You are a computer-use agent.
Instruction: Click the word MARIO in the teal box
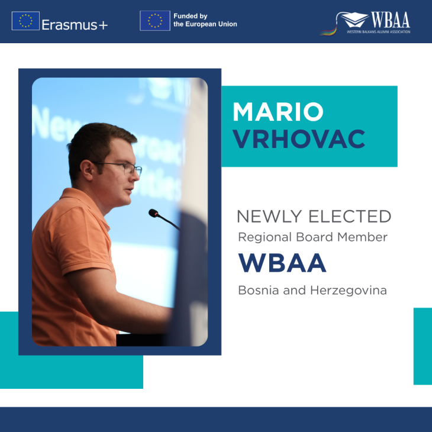click(278, 112)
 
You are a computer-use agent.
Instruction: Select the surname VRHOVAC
click(298, 138)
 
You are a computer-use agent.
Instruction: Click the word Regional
click(262, 237)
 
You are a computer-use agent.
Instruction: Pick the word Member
click(365, 237)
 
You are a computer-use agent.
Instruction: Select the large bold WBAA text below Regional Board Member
click(282, 263)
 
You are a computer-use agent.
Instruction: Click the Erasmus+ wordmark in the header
click(75, 24)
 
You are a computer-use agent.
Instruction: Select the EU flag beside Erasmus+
click(25, 21)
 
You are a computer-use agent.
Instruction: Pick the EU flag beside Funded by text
click(154, 20)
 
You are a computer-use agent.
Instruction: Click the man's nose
click(138, 178)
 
